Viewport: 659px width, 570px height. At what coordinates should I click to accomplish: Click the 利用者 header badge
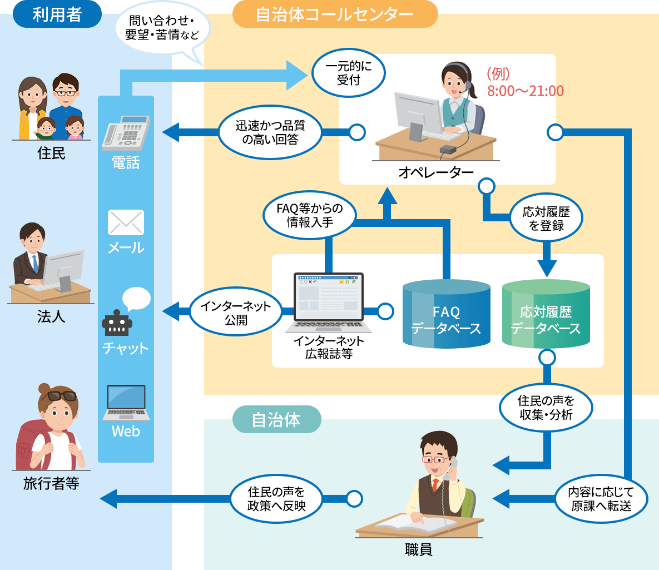click(57, 14)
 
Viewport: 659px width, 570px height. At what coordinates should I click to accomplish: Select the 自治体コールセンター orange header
click(335, 14)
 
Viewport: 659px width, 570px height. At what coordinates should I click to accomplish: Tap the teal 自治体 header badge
click(276, 419)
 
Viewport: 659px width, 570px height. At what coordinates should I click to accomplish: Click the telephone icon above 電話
click(126, 133)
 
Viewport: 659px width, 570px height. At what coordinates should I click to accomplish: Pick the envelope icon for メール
click(126, 222)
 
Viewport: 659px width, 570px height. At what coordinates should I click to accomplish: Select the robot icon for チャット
click(117, 323)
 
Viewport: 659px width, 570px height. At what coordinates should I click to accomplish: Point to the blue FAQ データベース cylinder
click(446, 314)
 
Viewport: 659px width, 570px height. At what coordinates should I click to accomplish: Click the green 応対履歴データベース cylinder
click(546, 314)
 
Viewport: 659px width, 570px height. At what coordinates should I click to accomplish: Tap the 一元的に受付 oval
click(349, 73)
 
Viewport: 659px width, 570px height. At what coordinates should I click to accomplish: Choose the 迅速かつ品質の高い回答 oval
click(270, 133)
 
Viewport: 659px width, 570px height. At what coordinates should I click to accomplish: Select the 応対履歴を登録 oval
click(546, 219)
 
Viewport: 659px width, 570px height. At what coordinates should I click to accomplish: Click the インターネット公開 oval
click(236, 313)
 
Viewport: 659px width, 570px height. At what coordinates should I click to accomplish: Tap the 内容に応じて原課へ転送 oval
click(601, 499)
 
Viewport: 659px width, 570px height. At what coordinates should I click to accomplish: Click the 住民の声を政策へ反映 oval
click(276, 499)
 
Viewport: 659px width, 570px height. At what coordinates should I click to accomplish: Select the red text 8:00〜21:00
click(526, 91)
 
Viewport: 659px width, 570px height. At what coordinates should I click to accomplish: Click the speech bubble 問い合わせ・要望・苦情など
click(162, 28)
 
